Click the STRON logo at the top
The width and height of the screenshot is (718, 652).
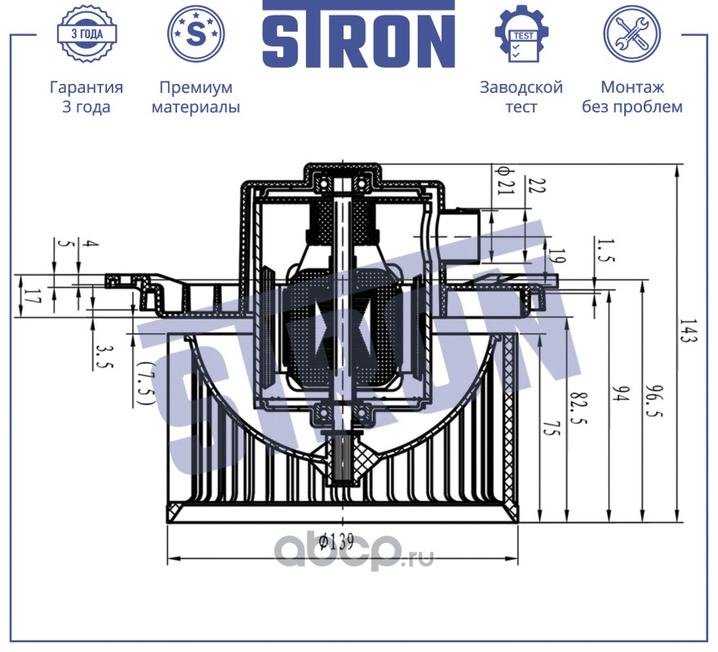[x=358, y=34]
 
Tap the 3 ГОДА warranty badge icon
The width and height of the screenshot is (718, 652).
[x=87, y=33]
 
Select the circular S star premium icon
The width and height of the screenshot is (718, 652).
[x=196, y=33]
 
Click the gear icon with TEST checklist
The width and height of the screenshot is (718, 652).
[x=521, y=33]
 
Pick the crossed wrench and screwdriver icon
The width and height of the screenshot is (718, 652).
[x=632, y=33]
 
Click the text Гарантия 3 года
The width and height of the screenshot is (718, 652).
[x=86, y=96]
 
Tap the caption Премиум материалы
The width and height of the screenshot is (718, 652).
[x=196, y=96]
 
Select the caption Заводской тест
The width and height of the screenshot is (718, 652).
[x=521, y=96]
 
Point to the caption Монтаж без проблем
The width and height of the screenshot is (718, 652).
[x=632, y=96]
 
